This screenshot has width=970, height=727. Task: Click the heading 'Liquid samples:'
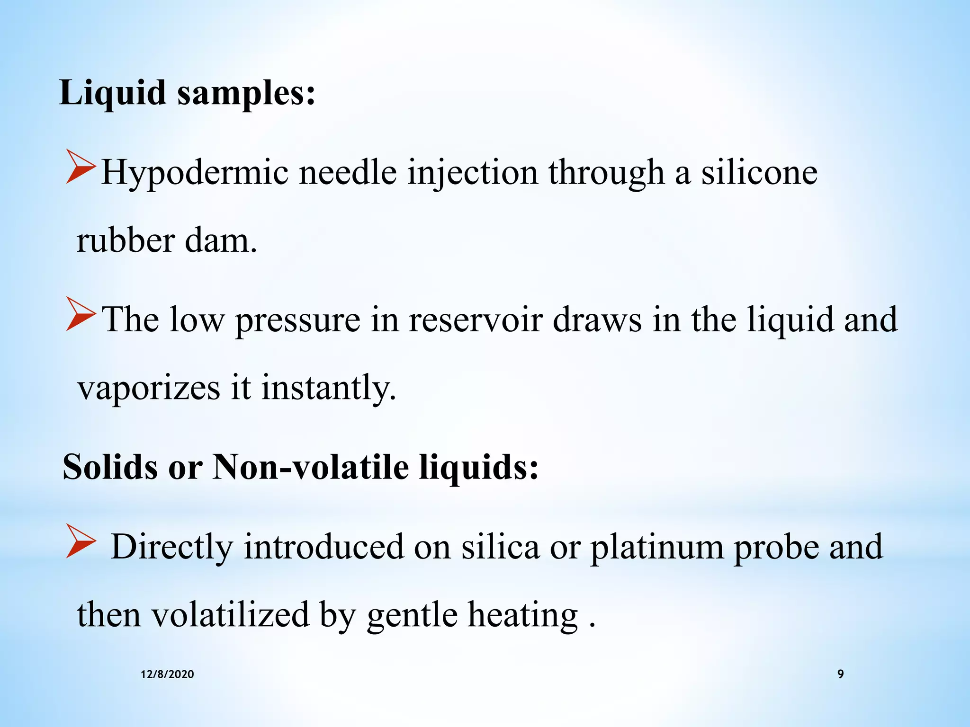[x=187, y=93]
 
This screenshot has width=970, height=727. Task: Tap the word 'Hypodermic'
[x=195, y=173]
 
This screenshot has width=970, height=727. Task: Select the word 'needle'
[x=348, y=172]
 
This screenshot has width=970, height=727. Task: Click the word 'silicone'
[x=759, y=172]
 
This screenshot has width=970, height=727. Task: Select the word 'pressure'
[x=297, y=321]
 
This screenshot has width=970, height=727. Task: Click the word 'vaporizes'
[x=149, y=388]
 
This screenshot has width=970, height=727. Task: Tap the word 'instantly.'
[x=328, y=388]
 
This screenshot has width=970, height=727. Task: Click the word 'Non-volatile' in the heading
[x=311, y=468]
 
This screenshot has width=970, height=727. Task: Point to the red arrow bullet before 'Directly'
[x=81, y=541]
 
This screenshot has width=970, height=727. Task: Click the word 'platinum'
[x=656, y=547]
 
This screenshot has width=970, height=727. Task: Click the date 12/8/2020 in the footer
[x=167, y=674]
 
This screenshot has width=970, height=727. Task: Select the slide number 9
[x=841, y=674]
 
